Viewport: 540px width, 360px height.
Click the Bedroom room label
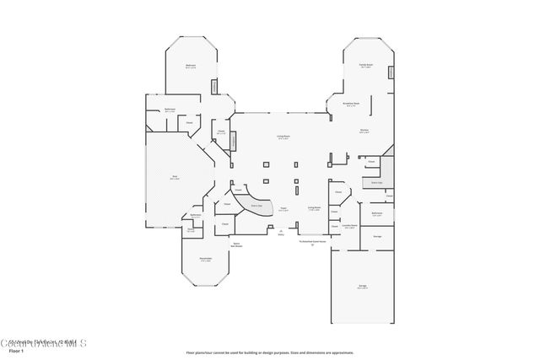pyautogui.click(x=191, y=66)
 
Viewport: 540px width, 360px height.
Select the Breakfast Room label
pyautogui.click(x=351, y=105)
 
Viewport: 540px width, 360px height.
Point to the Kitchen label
pyautogui.click(x=364, y=131)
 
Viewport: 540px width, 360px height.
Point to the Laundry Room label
pyautogui.click(x=349, y=226)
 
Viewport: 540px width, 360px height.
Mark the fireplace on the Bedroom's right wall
pyautogui.click(x=213, y=86)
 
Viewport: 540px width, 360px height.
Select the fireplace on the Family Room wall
pyautogui.click(x=391, y=73)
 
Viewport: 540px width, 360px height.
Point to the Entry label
pyautogui.click(x=281, y=235)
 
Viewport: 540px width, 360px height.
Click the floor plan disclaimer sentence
pyautogui.click(x=269, y=352)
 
